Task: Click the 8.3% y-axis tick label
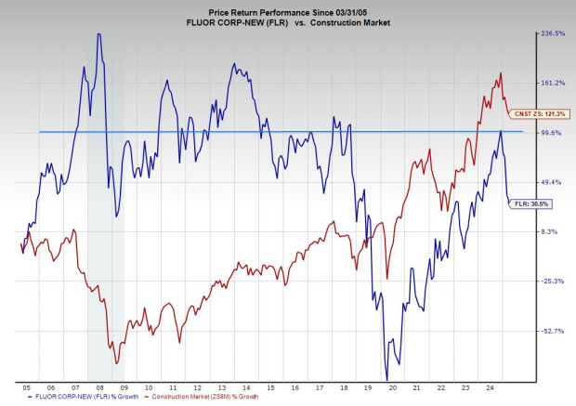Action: click(550, 231)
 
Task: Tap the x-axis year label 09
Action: click(124, 386)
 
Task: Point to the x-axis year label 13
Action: click(221, 386)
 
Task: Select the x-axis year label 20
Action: click(392, 386)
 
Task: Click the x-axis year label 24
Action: click(490, 386)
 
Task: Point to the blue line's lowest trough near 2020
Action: click(386, 369)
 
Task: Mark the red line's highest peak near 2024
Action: click(501, 72)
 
